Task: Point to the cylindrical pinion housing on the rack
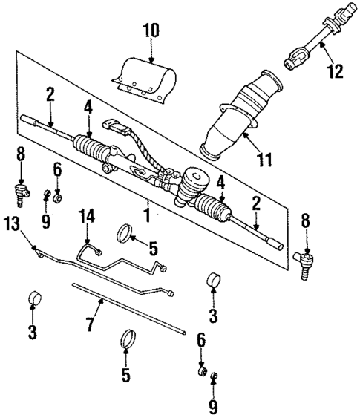click(x=196, y=178)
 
